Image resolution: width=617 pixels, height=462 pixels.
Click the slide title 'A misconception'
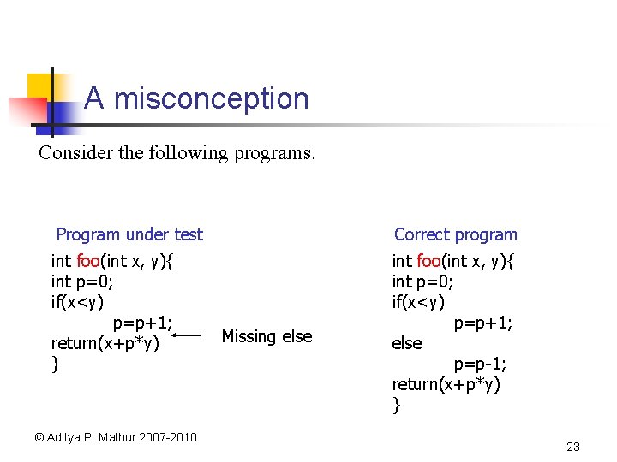pyautogui.click(x=196, y=98)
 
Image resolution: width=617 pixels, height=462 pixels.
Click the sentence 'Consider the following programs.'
pyautogui.click(x=177, y=153)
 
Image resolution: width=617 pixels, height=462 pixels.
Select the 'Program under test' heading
pyautogui.click(x=129, y=234)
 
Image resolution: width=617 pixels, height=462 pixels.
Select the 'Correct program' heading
pyautogui.click(x=455, y=234)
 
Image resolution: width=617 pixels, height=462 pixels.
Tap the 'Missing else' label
pyautogui.click(x=267, y=336)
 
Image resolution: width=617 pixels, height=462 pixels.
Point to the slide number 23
pyautogui.click(x=573, y=447)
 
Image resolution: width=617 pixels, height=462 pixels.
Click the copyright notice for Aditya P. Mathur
pyautogui.click(x=116, y=437)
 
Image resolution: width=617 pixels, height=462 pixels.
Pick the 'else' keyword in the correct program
pyautogui.click(x=407, y=343)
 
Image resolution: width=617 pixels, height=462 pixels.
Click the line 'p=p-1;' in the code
pyautogui.click(x=480, y=364)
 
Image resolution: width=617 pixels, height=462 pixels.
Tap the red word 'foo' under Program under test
pyautogui.click(x=88, y=261)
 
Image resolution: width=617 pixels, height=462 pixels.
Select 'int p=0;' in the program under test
pyautogui.click(x=82, y=281)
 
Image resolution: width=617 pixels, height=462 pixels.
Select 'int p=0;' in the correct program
pyautogui.click(x=423, y=281)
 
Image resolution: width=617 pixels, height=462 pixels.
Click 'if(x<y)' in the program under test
pyautogui.click(x=77, y=302)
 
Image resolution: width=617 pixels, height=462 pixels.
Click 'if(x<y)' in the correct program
pyautogui.click(x=418, y=302)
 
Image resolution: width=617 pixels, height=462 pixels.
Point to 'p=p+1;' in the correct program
pyautogui.click(x=483, y=323)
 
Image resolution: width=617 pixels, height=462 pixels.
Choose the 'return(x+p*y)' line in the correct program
pyautogui.click(x=446, y=384)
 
